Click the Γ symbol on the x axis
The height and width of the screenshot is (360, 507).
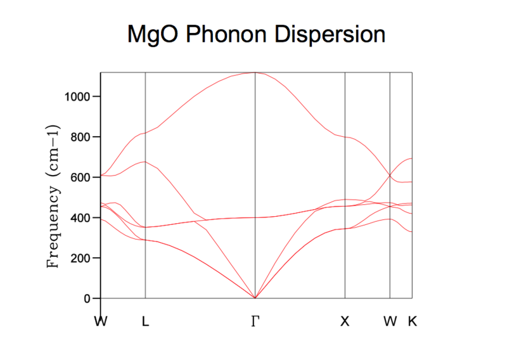tap(255, 321)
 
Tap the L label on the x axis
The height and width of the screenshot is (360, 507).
tap(145, 321)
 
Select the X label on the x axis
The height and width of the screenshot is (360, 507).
tap(345, 321)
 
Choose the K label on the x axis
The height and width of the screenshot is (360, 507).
tap(413, 321)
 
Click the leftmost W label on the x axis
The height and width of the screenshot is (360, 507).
tap(101, 321)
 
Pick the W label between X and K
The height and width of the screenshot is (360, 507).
tap(390, 321)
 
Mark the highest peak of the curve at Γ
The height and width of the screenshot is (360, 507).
tap(255, 72)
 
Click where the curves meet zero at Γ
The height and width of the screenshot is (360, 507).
tap(255, 298)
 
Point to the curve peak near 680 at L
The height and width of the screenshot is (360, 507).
tap(145, 162)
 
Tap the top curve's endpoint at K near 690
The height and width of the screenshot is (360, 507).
tap(412, 158)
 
